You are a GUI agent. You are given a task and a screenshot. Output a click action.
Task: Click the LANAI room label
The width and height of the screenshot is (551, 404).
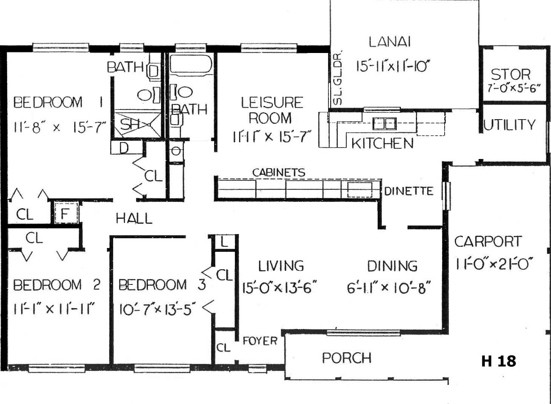(390, 42)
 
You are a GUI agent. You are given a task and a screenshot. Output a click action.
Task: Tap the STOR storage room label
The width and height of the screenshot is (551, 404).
(510, 75)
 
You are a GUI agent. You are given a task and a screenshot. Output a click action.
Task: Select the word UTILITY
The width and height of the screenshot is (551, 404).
(509, 125)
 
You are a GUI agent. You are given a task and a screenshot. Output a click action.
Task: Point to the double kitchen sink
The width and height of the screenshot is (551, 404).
(384, 123)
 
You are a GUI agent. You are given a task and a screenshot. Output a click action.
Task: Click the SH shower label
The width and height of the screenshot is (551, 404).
(130, 124)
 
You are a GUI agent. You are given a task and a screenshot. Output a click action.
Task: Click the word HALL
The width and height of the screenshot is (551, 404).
(134, 218)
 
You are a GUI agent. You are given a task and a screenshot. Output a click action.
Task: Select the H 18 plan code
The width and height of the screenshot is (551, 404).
(498, 361)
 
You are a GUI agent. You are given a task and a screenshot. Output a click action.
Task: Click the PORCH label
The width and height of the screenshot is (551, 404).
(347, 358)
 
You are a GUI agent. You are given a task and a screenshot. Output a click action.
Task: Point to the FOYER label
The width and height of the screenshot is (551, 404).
(260, 341)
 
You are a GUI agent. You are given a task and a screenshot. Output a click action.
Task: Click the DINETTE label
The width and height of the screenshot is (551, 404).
(409, 191)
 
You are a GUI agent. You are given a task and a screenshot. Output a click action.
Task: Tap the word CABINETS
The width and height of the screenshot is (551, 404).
(279, 173)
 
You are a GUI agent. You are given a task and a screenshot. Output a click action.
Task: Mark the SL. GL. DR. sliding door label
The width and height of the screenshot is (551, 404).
(337, 78)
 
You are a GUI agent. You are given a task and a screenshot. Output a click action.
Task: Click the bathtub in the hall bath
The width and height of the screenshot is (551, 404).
(191, 64)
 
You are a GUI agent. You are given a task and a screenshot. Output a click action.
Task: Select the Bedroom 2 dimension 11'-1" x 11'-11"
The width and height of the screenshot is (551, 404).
(54, 309)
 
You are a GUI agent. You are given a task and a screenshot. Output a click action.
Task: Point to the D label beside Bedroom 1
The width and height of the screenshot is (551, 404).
(124, 148)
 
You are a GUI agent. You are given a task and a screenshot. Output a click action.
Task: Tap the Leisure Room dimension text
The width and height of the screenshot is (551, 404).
(272, 136)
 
